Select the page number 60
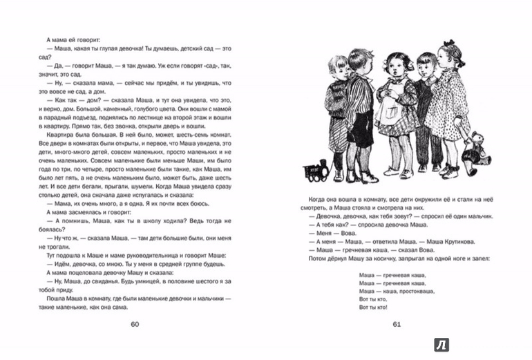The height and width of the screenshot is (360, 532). (x=134, y=325)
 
